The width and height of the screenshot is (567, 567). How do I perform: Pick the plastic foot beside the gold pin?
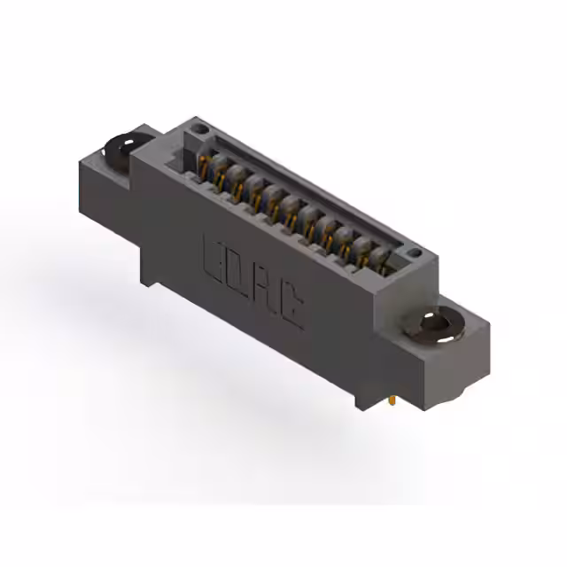365,400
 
